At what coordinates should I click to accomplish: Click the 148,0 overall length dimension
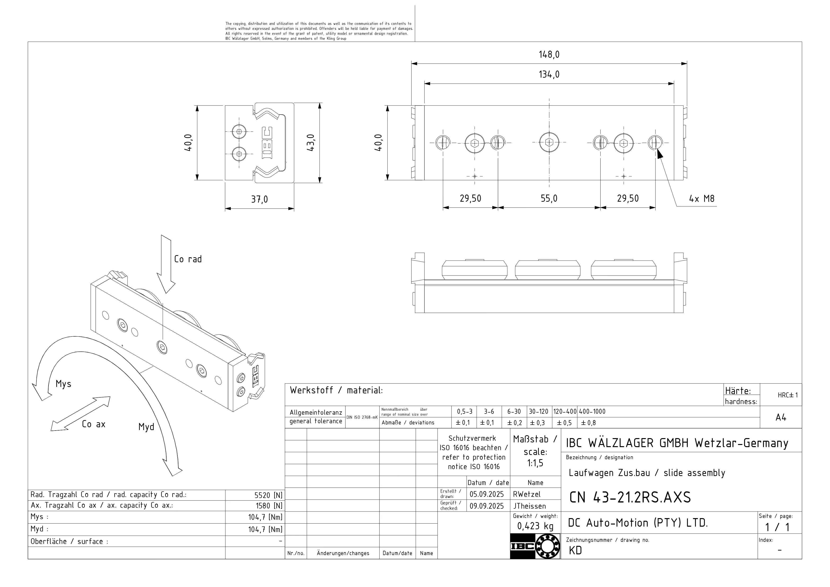pyautogui.click(x=549, y=55)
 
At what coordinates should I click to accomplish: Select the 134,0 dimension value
pyautogui.click(x=549, y=75)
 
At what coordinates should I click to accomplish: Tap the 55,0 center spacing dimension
pyautogui.click(x=549, y=199)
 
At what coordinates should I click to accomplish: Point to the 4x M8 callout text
pyautogui.click(x=701, y=199)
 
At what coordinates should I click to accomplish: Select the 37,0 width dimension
pyautogui.click(x=259, y=199)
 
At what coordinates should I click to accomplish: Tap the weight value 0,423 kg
pyautogui.click(x=535, y=526)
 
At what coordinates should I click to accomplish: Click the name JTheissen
pyautogui.click(x=529, y=506)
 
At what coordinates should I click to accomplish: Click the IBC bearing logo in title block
pyautogui.click(x=535, y=546)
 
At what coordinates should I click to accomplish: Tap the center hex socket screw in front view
pyautogui.click(x=549, y=143)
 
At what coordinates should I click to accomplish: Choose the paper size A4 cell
pyautogui.click(x=781, y=418)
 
